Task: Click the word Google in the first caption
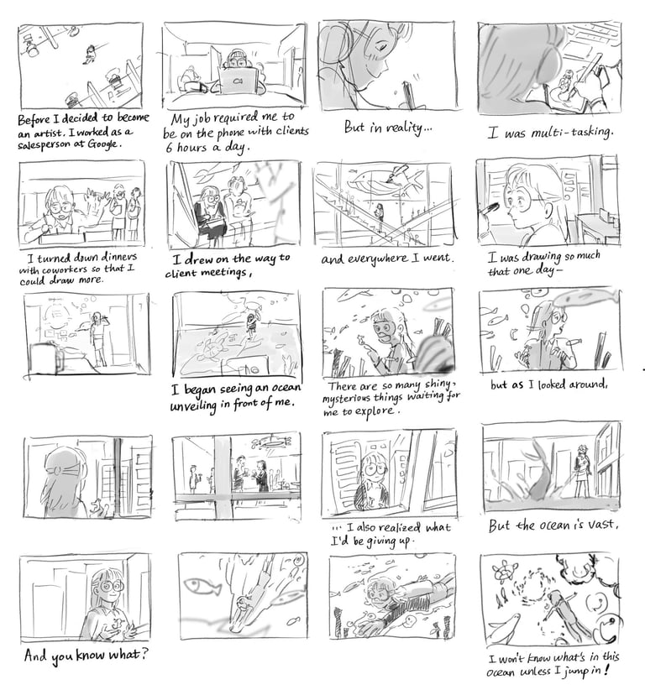pos(102,144)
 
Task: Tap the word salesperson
pos(41,144)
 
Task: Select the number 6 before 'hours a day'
pos(169,147)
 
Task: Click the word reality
pos(405,128)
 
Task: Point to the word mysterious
pos(346,399)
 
